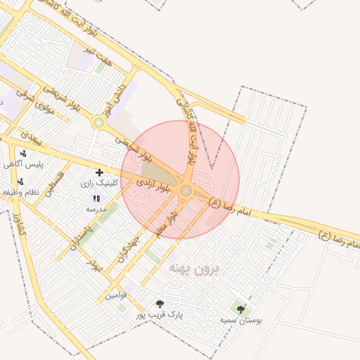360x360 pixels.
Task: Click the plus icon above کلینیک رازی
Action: tap(99, 172)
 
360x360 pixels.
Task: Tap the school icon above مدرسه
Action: tap(96, 199)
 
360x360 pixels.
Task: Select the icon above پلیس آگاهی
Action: tap(24, 154)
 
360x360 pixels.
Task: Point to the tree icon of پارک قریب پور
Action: tap(160, 304)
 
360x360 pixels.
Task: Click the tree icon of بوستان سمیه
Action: tap(240, 309)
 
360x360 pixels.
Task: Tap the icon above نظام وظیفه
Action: tap(20, 181)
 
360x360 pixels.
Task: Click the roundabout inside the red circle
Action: tap(186, 191)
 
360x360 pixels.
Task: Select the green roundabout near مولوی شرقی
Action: tap(98, 123)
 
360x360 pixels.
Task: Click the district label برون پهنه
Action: tap(193, 269)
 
